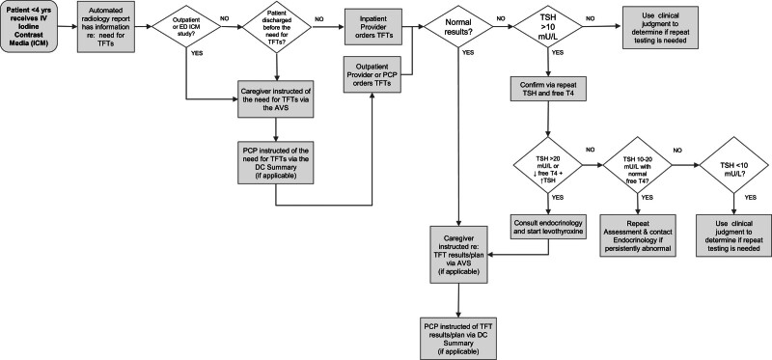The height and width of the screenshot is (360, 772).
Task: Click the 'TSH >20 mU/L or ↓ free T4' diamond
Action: [548, 165]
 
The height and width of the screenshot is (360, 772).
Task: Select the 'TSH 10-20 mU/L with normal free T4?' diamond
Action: [633, 165]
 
